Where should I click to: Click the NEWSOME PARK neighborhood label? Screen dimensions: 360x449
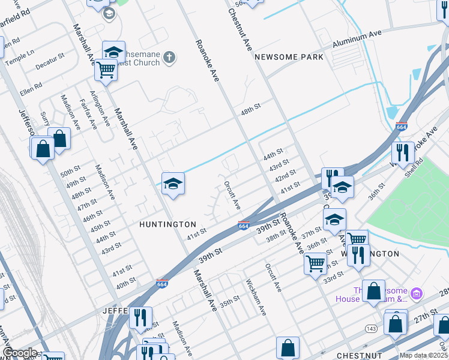click(289, 57)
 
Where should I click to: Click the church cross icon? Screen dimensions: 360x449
click(170, 58)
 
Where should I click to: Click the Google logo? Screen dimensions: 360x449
click(19, 353)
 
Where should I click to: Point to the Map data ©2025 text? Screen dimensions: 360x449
click(423, 355)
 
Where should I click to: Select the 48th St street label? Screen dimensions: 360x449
click(250, 107)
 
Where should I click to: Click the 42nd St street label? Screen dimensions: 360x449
click(285, 176)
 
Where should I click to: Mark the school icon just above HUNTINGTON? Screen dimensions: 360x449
click(173, 184)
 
